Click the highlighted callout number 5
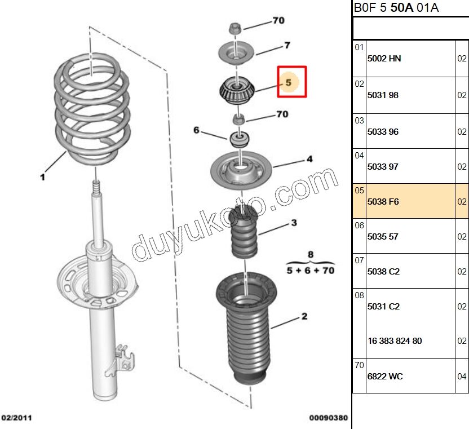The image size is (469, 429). click(x=288, y=83)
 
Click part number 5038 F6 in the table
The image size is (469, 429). click(x=383, y=201)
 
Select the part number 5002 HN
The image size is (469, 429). click(x=384, y=59)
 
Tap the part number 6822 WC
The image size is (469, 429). click(x=385, y=376)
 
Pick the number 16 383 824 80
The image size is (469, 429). click(x=395, y=341)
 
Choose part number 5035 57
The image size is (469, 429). click(x=383, y=237)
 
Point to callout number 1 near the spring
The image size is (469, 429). click(x=42, y=178)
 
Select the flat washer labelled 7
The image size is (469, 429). click(x=236, y=53)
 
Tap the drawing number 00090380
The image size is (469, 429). click(x=328, y=418)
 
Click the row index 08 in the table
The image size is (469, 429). click(x=359, y=294)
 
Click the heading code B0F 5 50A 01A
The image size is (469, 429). click(x=396, y=8)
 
